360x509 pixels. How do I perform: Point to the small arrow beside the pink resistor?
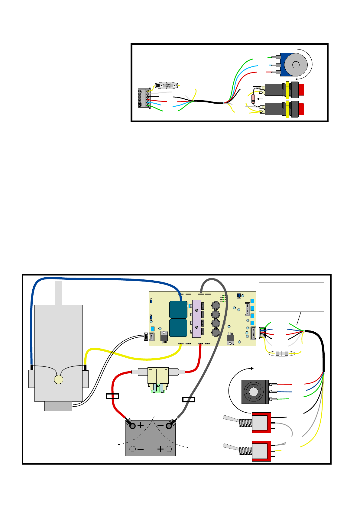[x=260, y=98]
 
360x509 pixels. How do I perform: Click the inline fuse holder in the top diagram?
[x=165, y=85]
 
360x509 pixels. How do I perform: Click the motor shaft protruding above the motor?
[x=58, y=293]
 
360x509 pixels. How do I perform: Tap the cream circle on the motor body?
[x=58, y=380]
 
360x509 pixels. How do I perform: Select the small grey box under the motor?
[x=58, y=406]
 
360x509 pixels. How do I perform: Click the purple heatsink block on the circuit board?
[x=197, y=319]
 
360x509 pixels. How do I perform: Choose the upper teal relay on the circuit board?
[x=178, y=310]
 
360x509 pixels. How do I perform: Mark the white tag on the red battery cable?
[x=113, y=396]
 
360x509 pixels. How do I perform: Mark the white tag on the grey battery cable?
[x=189, y=400]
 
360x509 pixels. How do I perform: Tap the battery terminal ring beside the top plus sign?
[x=132, y=426]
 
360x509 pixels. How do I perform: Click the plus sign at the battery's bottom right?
[x=161, y=449]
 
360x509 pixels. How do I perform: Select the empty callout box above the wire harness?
[x=292, y=297]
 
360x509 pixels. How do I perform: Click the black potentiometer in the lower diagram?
[x=255, y=391]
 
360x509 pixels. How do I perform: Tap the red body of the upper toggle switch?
[x=261, y=422]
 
